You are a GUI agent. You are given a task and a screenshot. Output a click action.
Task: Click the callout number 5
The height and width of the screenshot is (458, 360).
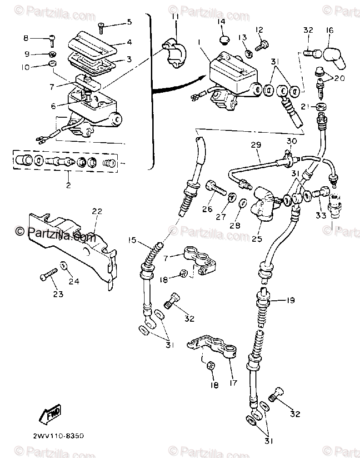(129, 21)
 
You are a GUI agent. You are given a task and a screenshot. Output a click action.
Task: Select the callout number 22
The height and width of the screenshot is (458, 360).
(97, 211)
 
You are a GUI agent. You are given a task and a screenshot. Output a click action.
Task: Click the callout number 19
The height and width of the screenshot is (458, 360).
(290, 300)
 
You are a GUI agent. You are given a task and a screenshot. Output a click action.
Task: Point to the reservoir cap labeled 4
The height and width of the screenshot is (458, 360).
(93, 43)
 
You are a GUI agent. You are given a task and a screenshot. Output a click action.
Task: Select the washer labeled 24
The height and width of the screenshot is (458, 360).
(62, 266)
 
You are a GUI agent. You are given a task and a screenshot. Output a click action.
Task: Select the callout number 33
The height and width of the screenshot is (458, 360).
(321, 215)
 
